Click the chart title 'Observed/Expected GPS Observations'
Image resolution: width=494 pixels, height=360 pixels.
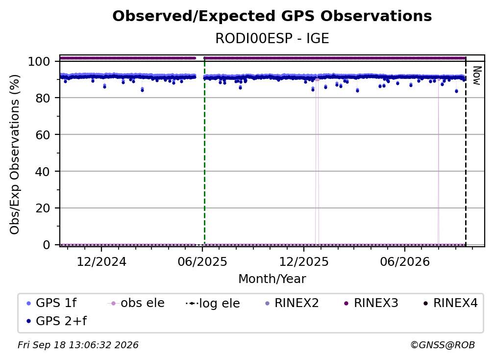[x=272, y=16]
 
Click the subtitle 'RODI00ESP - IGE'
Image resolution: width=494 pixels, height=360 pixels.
[x=272, y=39]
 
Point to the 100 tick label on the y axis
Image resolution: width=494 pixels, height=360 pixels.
[x=39, y=61]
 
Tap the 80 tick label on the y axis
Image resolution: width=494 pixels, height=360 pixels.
[x=43, y=98]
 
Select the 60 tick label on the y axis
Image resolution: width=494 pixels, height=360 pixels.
[x=43, y=134]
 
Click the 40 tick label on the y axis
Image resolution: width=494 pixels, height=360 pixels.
[x=43, y=172]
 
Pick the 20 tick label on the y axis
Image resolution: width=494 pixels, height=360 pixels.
[x=43, y=208]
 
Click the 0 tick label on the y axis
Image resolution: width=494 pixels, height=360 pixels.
[x=46, y=245]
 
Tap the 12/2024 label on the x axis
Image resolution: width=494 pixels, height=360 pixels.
[x=101, y=261]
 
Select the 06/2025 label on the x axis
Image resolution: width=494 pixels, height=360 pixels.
[x=202, y=261]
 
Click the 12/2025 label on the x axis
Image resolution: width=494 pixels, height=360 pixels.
[x=304, y=261]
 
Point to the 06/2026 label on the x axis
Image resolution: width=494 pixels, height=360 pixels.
[x=405, y=261]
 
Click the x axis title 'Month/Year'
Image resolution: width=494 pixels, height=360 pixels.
[x=272, y=279]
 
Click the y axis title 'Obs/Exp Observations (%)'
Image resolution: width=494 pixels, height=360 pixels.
[x=15, y=154]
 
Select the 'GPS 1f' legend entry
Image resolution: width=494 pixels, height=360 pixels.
[x=51, y=303]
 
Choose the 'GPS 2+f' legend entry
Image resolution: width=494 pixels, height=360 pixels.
[x=56, y=321]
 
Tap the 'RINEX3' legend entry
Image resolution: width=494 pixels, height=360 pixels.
[x=371, y=303]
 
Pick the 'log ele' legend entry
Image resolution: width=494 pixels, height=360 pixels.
[x=213, y=303]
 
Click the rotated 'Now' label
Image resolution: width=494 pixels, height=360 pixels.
[x=477, y=76]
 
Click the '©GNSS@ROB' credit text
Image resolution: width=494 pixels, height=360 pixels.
[x=443, y=345]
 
